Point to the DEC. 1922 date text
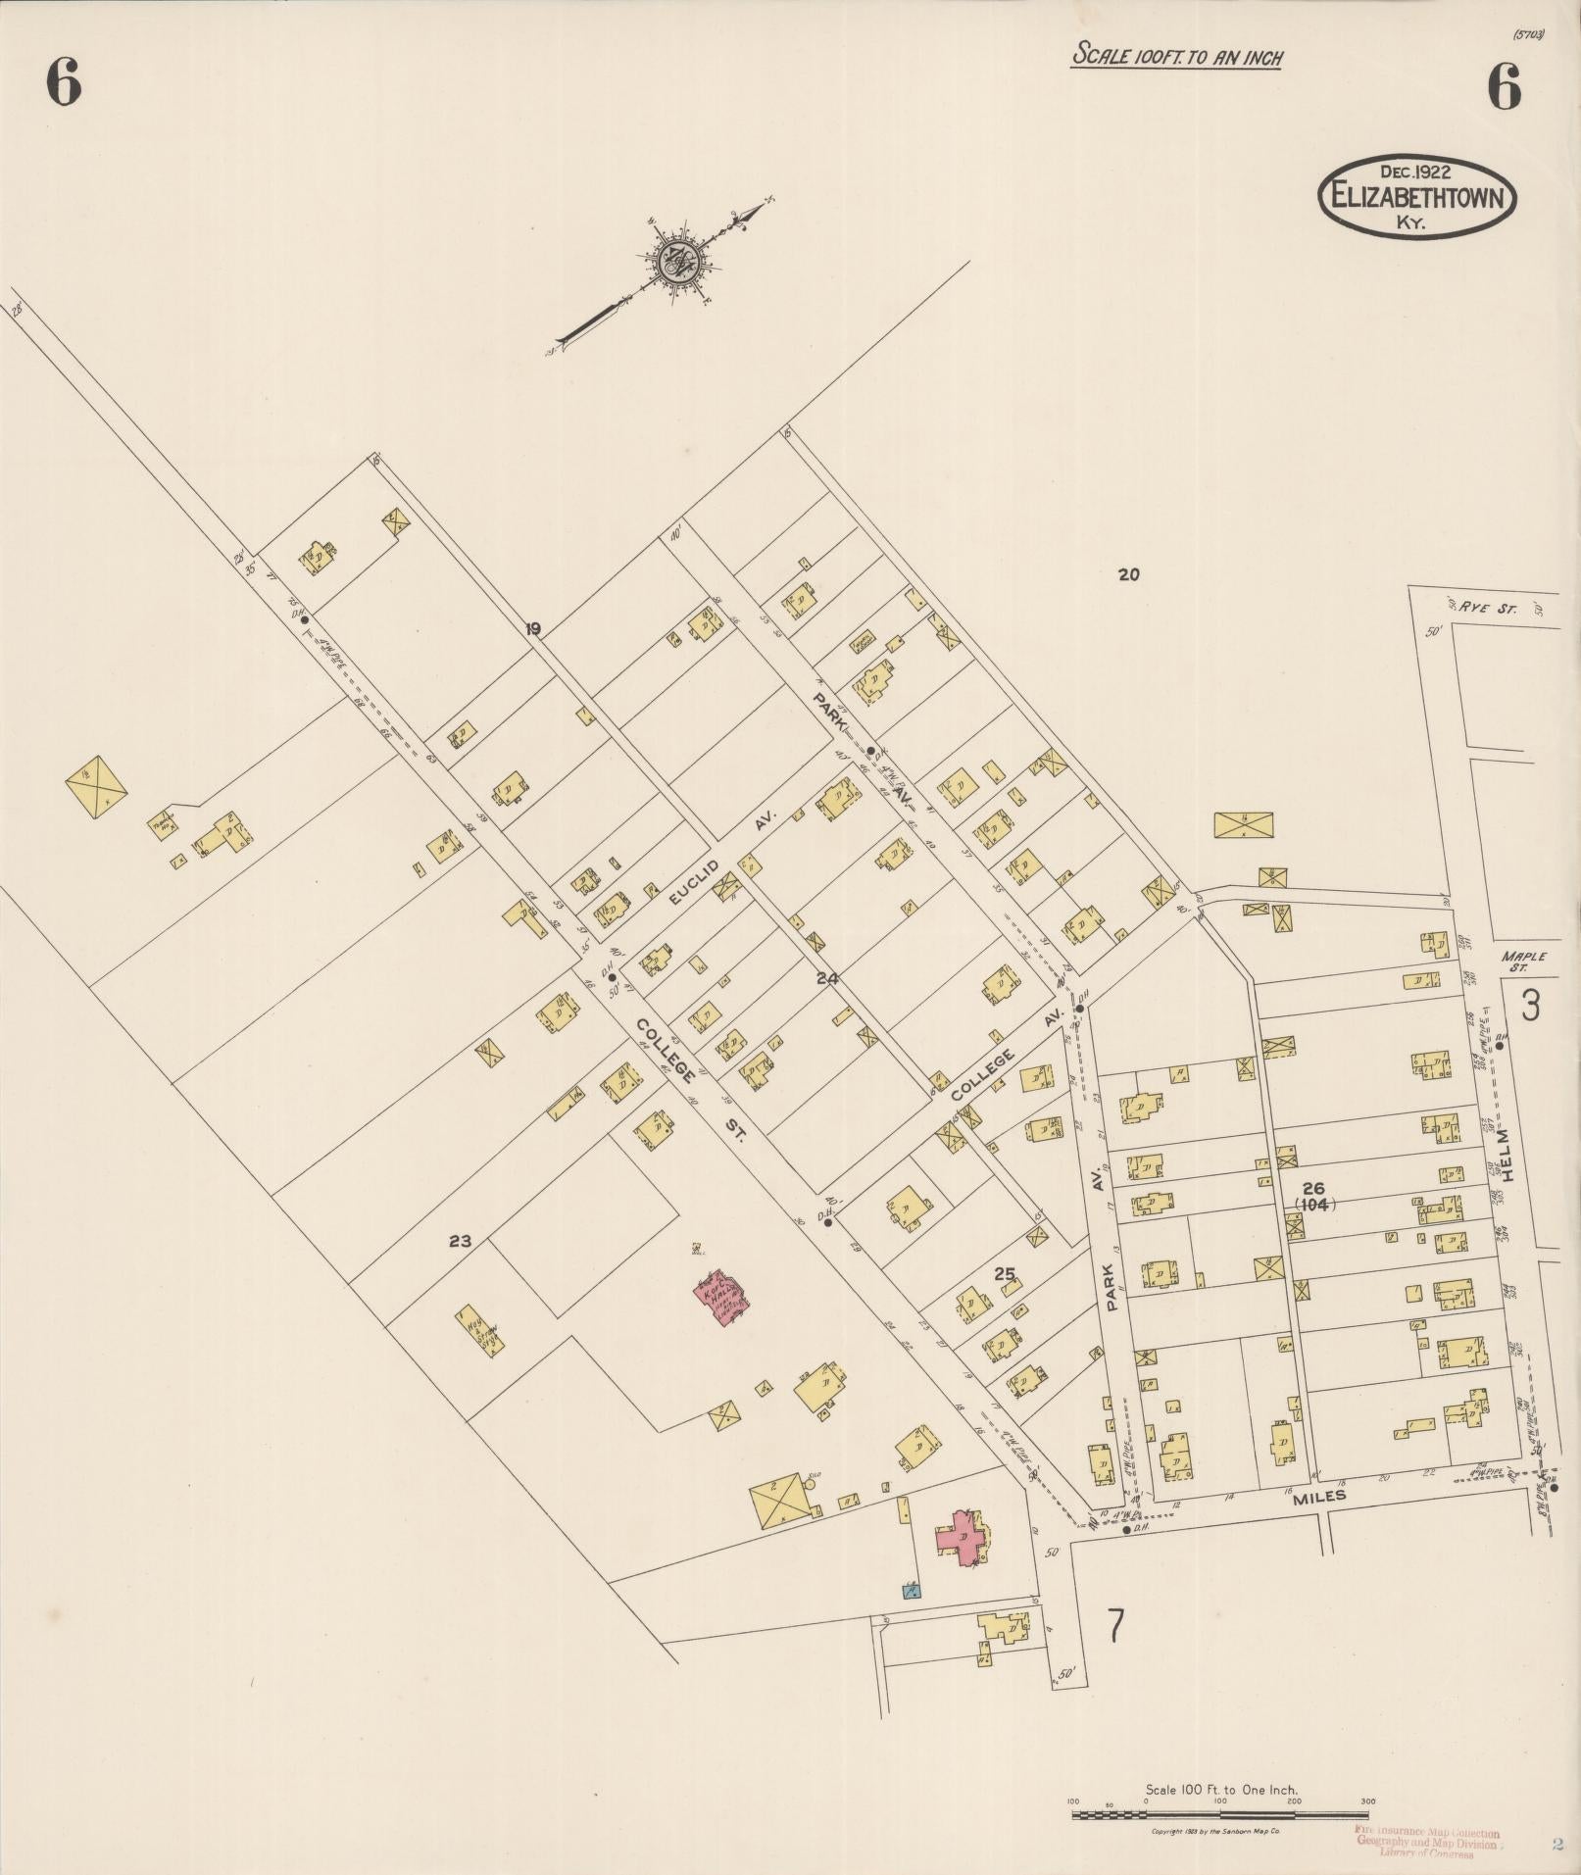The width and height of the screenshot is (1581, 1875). pyautogui.click(x=1415, y=171)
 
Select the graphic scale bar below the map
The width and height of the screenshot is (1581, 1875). pyautogui.click(x=1220, y=1815)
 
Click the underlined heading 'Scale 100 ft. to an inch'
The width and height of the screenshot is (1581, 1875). pyautogui.click(x=1177, y=56)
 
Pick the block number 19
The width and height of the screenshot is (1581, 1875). pyautogui.click(x=532, y=629)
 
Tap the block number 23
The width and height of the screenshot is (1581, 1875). pyautogui.click(x=460, y=1241)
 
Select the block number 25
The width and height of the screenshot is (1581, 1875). pyautogui.click(x=1004, y=1274)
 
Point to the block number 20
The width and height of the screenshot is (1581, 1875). pyautogui.click(x=1129, y=575)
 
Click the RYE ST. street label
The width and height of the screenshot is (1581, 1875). pyautogui.click(x=1487, y=608)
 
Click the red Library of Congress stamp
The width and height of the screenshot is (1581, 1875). pyautogui.click(x=1427, y=1841)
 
